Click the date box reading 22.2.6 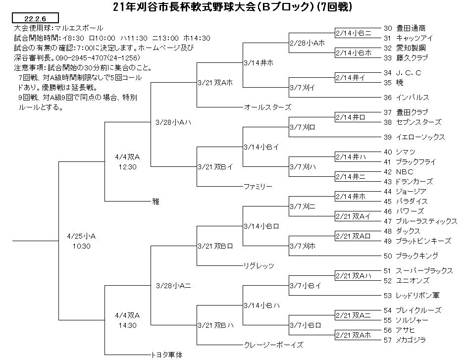coord(35,18)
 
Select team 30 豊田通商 coord(405,28)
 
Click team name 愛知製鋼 coord(411,48)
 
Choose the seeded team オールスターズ coord(267,107)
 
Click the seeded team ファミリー coord(258,186)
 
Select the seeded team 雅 coord(155,202)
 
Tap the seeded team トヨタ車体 coord(167,355)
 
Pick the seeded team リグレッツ coord(259,266)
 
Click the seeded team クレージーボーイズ coord(273,345)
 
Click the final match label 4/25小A coord(81,236)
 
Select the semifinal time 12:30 coord(127,167)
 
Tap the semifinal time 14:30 coord(127,325)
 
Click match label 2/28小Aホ coord(308,43)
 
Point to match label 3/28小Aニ coord(173,286)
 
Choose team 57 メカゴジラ coord(405,340)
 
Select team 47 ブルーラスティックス coord(420,221)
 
